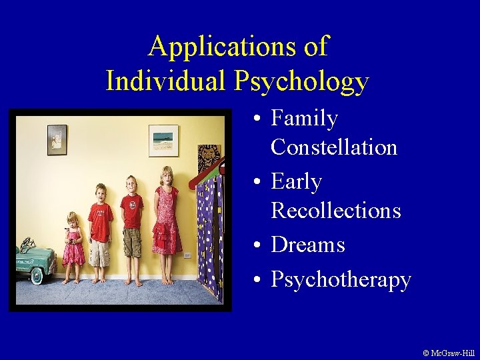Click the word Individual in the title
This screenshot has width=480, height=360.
tap(167, 81)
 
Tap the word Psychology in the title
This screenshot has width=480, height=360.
tap(301, 82)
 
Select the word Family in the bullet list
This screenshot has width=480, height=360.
tap(304, 119)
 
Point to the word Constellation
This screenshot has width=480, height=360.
tap(333, 147)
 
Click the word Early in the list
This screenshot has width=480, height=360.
tap(296, 182)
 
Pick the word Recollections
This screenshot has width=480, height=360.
tap(335, 210)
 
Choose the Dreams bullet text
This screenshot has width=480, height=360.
tap(307, 245)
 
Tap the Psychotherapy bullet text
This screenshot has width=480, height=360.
tap(341, 280)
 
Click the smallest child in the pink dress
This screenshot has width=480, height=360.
tap(73, 247)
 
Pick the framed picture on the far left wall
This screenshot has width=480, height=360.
tap(57, 139)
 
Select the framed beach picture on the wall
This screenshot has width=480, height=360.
tap(163, 140)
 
